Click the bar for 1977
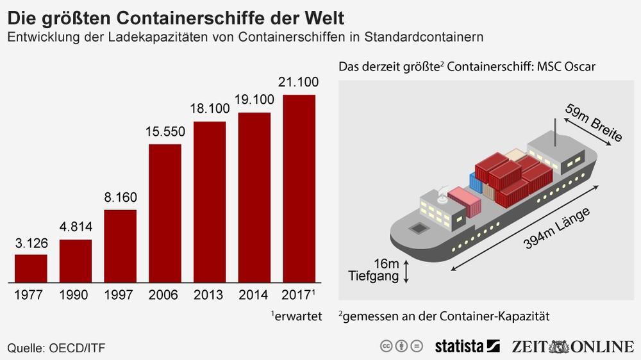pyautogui.click(x=31, y=268)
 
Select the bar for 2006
pyautogui.click(x=165, y=213)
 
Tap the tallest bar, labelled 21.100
pyautogui.click(x=299, y=188)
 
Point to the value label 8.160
pyautogui.click(x=121, y=197)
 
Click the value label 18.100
pyautogui.click(x=210, y=109)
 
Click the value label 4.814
pyautogui.click(x=76, y=227)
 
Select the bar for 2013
pyautogui.click(x=210, y=202)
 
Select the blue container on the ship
pyautogui.click(x=476, y=183)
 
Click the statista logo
pyautogui.click(x=467, y=347)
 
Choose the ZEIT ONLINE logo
pyautogui.click(x=572, y=347)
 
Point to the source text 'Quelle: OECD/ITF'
pyautogui.click(x=56, y=347)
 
